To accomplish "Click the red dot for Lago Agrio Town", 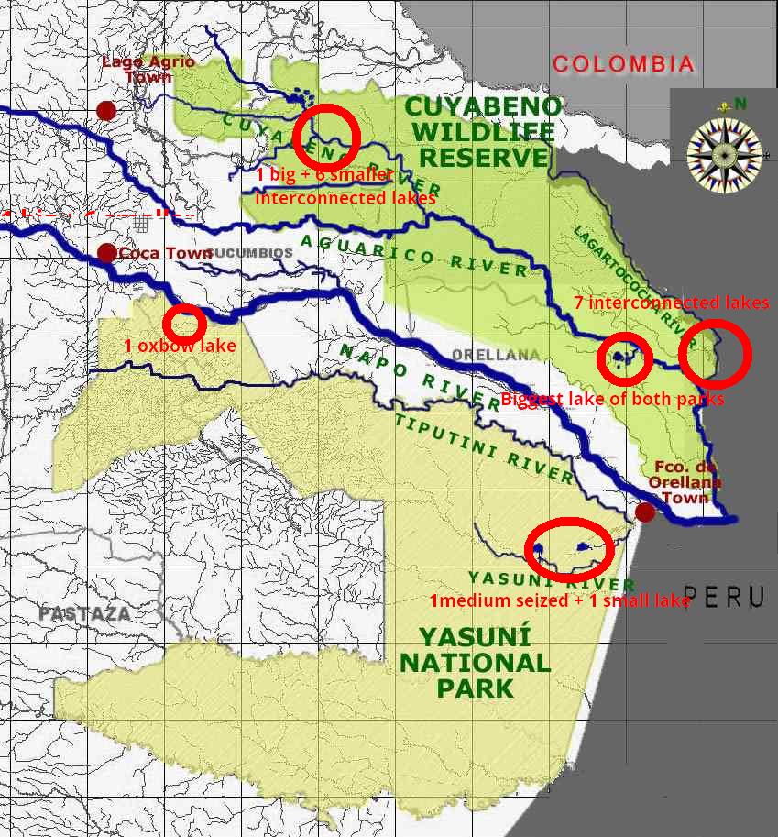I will pyautogui.click(x=106, y=110).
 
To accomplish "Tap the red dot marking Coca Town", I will pyautogui.click(x=106, y=252).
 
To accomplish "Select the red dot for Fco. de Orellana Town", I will pyautogui.click(x=645, y=512).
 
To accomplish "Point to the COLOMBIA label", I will pyautogui.click(x=623, y=64).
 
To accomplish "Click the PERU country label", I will pyautogui.click(x=724, y=597).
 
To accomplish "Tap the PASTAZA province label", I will pyautogui.click(x=85, y=614).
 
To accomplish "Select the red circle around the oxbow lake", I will pyautogui.click(x=184, y=322).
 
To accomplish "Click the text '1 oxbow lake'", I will pyautogui.click(x=180, y=346).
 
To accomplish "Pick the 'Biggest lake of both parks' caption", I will pyautogui.click(x=612, y=399).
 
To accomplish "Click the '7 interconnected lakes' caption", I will pyautogui.click(x=672, y=303).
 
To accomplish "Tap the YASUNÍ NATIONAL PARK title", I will pyautogui.click(x=476, y=662).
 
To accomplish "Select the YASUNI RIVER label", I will pyautogui.click(x=551, y=579).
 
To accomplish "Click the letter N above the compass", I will pyautogui.click(x=740, y=104).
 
